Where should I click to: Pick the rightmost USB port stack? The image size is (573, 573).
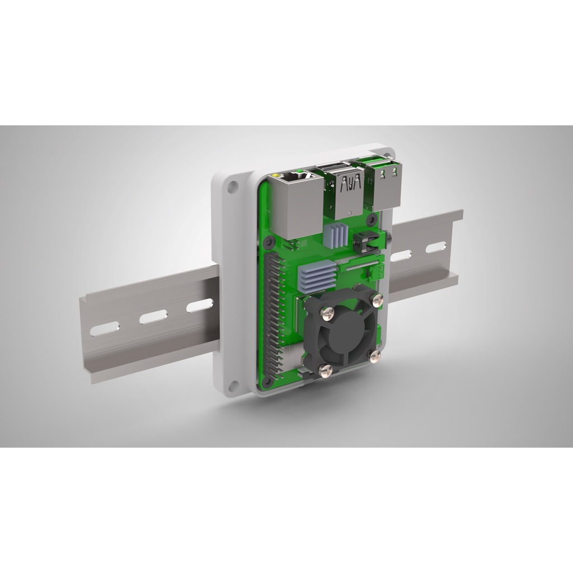(x=386, y=185)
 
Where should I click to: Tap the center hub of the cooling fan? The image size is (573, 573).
(x=342, y=330)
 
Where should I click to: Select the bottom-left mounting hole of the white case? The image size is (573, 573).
(x=233, y=385)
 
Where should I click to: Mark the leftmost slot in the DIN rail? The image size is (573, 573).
(x=104, y=328)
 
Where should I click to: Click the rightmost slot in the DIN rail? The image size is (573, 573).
(x=436, y=247)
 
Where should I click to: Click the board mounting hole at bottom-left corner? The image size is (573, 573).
(x=267, y=382)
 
